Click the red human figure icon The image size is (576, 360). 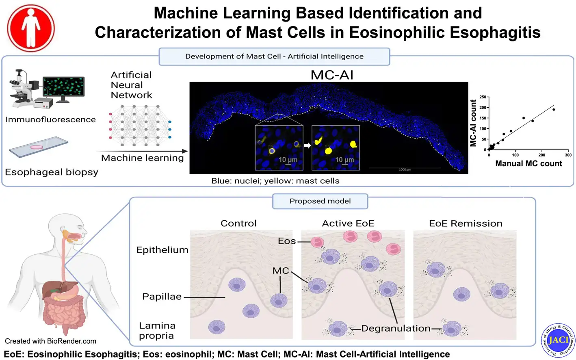pyautogui.click(x=31, y=28)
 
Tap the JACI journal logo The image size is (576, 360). pyautogui.click(x=558, y=340)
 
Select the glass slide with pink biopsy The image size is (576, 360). pyautogui.click(x=38, y=147)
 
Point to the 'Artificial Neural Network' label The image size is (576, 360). pyautogui.click(x=131, y=85)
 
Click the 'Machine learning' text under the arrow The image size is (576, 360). pyautogui.click(x=142, y=158)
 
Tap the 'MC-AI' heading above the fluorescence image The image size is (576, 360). pyautogui.click(x=331, y=75)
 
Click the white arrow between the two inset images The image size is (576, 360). pyautogui.click(x=307, y=145)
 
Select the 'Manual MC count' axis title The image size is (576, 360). pyautogui.click(x=528, y=163)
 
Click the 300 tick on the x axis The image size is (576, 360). pyautogui.click(x=568, y=155)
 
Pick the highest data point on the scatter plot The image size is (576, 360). pyautogui.click(x=554, y=109)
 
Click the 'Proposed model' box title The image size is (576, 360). pyautogui.click(x=320, y=201)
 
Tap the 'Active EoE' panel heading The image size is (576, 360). pyautogui.click(x=348, y=223)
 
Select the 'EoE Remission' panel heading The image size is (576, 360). pyautogui.click(x=466, y=223)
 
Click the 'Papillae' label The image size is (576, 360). pyautogui.click(x=162, y=297)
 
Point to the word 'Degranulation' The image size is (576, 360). pyautogui.click(x=396, y=328)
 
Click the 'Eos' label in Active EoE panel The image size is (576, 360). pyautogui.click(x=287, y=241)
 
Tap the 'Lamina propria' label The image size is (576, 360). pyautogui.click(x=157, y=330)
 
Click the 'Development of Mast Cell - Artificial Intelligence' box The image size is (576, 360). pyautogui.click(x=274, y=56)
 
